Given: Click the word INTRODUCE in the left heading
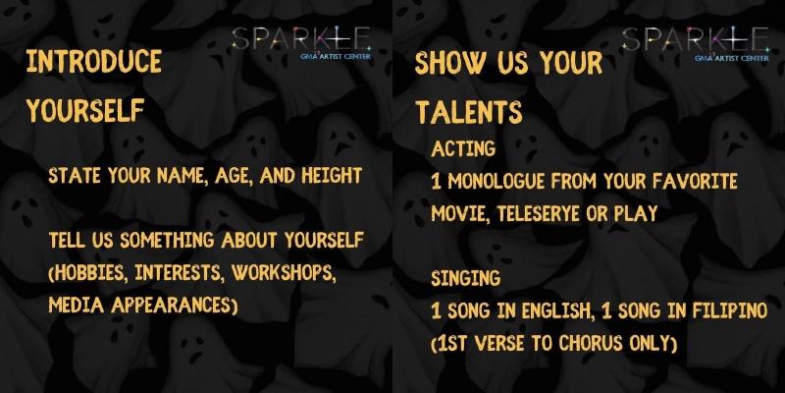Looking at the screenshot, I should pos(94,62).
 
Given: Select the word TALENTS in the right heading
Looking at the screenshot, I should pos(468,110).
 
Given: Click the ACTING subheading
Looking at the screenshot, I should pos(462,148).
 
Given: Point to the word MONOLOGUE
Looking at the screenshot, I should pos(498,182).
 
